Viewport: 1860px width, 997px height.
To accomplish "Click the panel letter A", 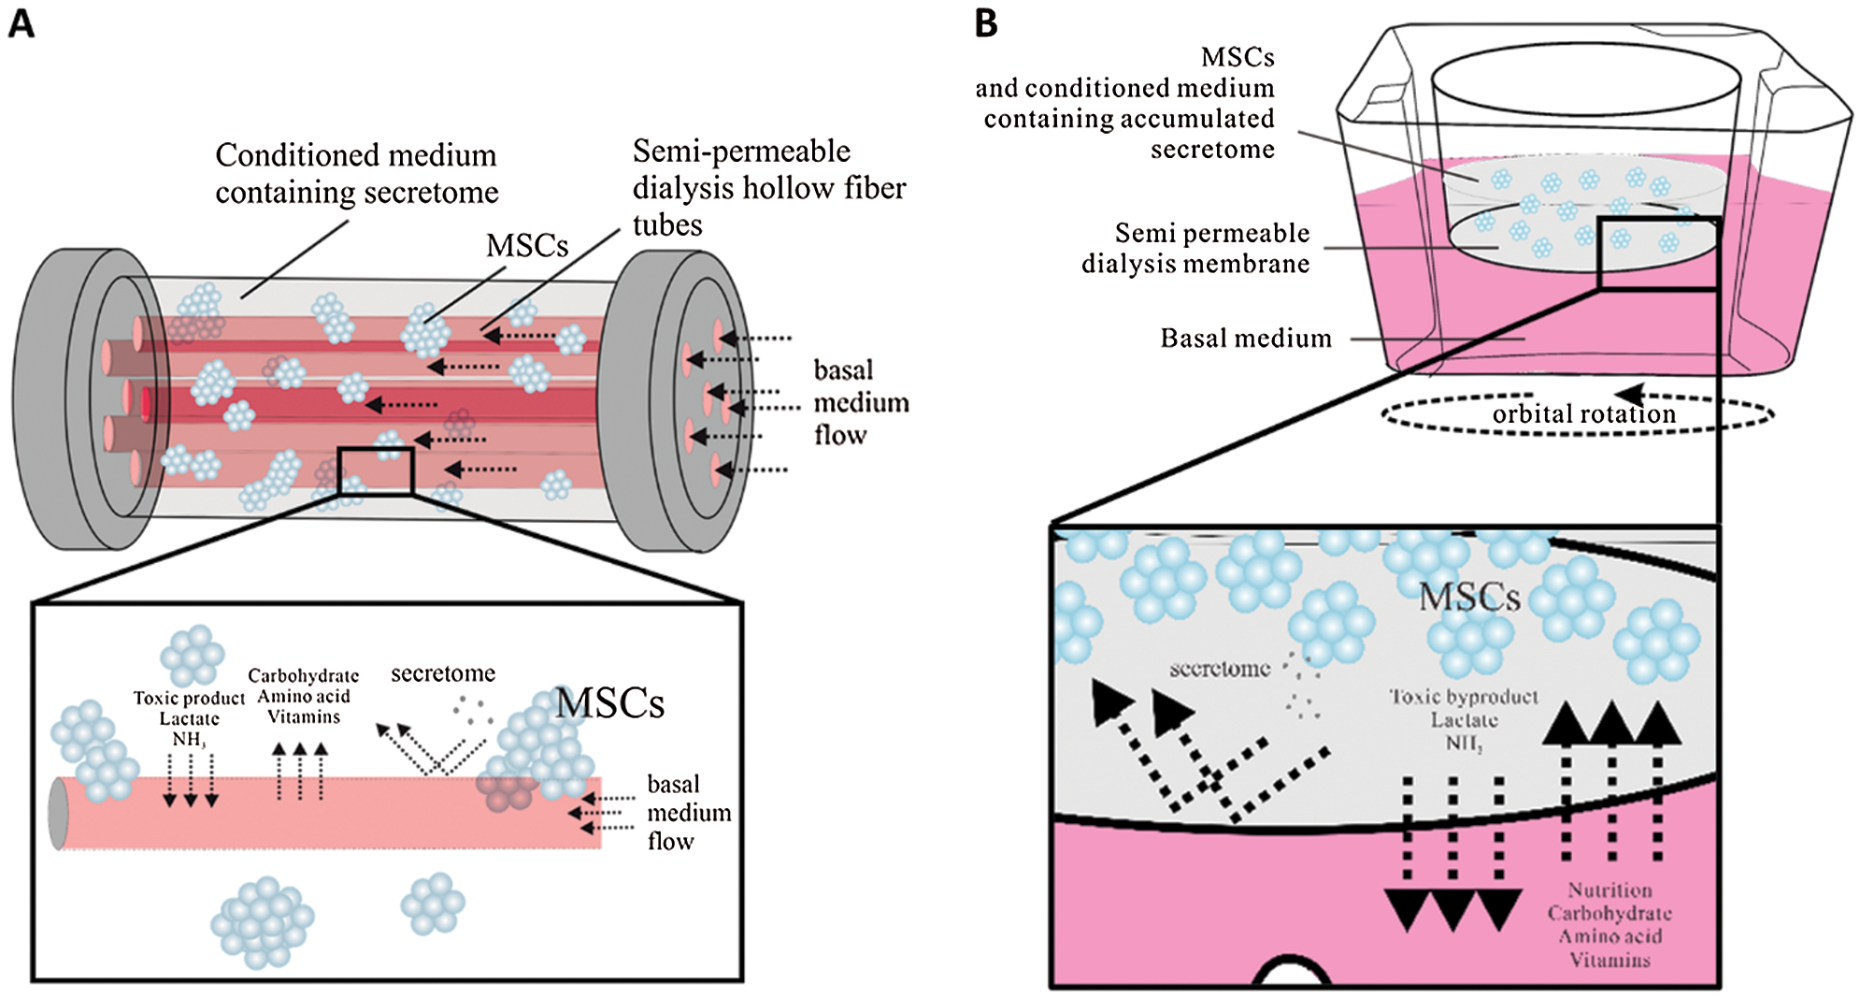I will tap(21, 22).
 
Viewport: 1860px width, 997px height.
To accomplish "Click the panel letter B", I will tap(986, 22).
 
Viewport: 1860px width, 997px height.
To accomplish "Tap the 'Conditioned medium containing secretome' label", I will tap(356, 173).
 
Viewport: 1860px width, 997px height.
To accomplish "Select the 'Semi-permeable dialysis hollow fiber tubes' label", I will tap(768, 187).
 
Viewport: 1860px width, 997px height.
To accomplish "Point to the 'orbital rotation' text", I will tap(1583, 413).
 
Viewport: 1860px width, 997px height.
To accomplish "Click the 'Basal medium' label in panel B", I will tap(1246, 338).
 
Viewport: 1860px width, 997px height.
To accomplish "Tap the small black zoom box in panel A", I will tap(376, 470).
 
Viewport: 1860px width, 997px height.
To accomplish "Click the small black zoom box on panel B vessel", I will tap(1657, 253).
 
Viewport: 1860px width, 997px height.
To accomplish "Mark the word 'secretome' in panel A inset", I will tap(442, 673).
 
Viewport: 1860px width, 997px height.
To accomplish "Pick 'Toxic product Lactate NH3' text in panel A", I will tap(189, 718).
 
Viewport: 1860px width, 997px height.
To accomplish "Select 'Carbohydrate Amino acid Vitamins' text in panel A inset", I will tap(303, 696).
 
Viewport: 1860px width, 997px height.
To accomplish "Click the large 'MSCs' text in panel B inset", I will tap(1469, 597).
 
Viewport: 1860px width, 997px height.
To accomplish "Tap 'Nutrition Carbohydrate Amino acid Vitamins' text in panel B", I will tap(1609, 924).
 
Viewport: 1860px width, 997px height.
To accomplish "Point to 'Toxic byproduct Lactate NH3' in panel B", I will tap(1464, 719).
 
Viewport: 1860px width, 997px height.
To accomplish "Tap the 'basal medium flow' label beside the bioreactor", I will tap(860, 402).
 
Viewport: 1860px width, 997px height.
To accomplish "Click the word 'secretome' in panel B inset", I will tap(1220, 669).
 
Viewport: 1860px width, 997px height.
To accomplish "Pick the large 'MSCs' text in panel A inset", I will tap(609, 703).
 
